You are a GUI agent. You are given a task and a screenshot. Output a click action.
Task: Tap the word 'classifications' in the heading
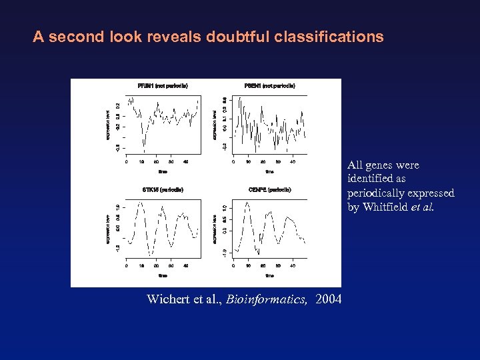coord(335,37)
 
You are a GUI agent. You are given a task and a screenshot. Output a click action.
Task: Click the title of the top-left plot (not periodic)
coord(163,86)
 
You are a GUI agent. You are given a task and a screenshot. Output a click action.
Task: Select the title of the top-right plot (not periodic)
coord(269,86)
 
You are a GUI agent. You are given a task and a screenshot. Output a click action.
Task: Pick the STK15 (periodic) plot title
coord(163,190)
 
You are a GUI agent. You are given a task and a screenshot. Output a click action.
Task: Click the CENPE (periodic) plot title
coord(269,190)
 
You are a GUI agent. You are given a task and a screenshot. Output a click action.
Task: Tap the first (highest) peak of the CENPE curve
coord(247,201)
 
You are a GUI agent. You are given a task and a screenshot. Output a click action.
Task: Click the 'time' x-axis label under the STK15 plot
coord(163,275)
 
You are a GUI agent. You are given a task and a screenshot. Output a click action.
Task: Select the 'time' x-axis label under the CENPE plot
coord(269,275)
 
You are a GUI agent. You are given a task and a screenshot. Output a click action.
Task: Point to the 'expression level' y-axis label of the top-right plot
coord(214,125)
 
